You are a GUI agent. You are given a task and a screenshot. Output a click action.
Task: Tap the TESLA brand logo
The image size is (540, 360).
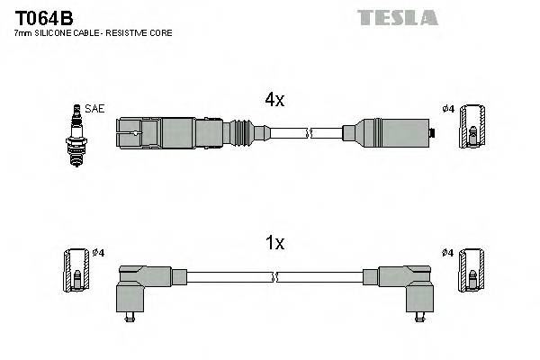tap(397, 17)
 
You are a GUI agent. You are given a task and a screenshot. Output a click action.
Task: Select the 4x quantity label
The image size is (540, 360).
tap(274, 101)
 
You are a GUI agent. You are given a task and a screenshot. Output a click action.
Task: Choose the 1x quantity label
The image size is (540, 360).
tap(274, 242)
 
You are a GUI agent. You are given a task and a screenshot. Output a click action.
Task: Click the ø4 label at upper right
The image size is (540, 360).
tap(447, 110)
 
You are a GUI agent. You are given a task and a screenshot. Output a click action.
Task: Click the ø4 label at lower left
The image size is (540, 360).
tap(98, 252)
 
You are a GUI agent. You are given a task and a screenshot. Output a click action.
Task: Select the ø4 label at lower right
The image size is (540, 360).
tap(447, 252)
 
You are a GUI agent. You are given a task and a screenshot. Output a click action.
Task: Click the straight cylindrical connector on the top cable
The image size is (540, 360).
tap(387, 134)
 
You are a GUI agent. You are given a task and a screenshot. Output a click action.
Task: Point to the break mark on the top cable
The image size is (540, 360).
tap(310, 134)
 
